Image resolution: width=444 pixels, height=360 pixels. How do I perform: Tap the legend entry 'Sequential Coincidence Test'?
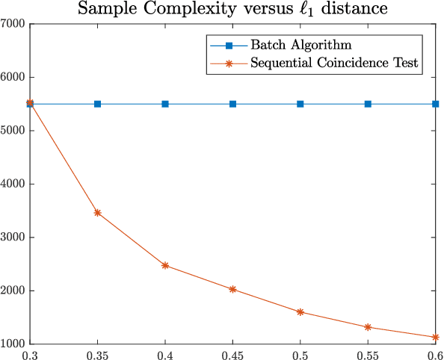pos(337,63)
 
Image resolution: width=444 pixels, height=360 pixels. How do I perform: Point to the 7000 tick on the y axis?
pos(14,24)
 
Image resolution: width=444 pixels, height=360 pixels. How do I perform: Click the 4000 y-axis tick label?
pos(14,184)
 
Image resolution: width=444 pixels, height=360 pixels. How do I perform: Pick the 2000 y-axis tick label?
pos(14,291)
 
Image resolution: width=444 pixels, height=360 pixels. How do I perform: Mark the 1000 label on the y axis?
pos(14,344)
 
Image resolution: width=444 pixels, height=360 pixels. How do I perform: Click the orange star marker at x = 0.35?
pos(97,213)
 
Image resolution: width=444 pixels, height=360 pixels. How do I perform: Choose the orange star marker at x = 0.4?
pos(165,265)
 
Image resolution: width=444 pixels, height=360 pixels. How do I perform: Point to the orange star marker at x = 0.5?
pos(300,312)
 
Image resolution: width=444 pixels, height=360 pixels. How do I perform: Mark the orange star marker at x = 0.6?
pos(436,338)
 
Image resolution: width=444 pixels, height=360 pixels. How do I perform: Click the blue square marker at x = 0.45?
pos(232,104)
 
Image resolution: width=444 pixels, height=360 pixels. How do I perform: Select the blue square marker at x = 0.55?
pos(368,104)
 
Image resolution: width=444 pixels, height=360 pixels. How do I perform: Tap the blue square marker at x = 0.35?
pos(97,104)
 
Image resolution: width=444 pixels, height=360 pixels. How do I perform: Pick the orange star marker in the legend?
pos(229,63)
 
